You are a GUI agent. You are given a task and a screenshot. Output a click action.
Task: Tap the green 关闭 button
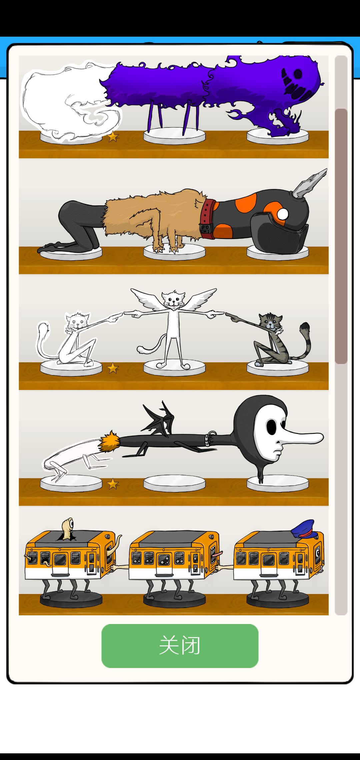tap(180, 646)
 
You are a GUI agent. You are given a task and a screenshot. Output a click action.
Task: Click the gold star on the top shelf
tap(113, 136)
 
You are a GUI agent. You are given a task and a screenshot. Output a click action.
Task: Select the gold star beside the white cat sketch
tap(113, 368)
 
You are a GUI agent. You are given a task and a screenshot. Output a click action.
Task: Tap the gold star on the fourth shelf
tap(113, 484)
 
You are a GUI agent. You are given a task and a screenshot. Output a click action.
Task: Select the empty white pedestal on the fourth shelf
tap(174, 483)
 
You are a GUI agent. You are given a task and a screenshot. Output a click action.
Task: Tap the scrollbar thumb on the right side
tap(341, 236)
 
